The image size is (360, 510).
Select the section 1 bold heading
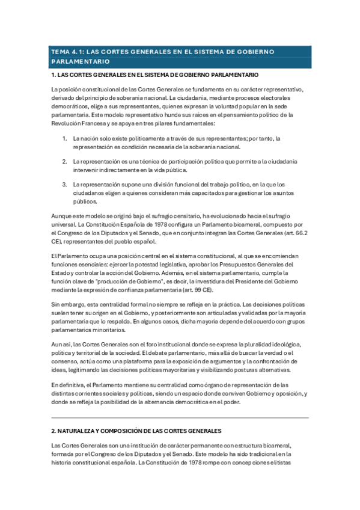click(x=155, y=75)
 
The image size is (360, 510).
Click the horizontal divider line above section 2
click(x=180, y=417)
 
